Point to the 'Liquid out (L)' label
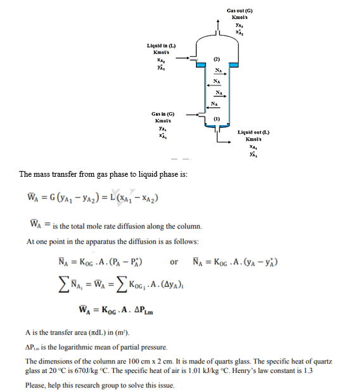[x=252, y=132]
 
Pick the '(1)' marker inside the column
[x=215, y=118]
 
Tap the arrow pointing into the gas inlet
[x=188, y=114]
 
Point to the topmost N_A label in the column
[x=217, y=70]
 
